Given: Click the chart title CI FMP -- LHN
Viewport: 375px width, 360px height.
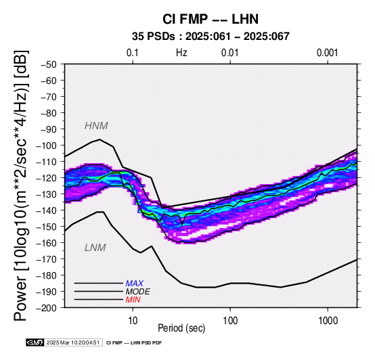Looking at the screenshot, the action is pos(211,19).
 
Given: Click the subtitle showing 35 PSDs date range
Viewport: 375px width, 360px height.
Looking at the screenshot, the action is pos(211,37).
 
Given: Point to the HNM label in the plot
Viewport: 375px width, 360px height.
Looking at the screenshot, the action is pos(96,126).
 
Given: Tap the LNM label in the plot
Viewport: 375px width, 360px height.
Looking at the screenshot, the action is pos(95,248).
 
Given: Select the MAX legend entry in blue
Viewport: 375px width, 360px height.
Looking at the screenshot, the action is pos(135,284).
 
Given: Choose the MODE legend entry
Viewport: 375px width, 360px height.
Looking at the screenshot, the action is pos(138,292).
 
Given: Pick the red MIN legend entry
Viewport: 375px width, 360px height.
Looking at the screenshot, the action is pos(133,300).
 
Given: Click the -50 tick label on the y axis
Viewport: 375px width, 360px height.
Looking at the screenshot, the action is pos(48,64).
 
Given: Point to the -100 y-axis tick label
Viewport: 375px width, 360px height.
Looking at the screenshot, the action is pos(46,145).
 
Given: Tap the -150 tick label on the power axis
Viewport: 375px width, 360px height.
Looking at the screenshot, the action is pos(46,227).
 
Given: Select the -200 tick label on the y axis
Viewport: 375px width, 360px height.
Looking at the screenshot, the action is pos(46,308).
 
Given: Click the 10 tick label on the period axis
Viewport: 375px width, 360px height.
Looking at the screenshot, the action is pos(133,321).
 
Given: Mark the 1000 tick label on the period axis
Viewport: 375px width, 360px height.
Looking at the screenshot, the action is pos(328,321).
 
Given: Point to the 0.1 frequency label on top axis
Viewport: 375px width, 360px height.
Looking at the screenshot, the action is pos(133,53).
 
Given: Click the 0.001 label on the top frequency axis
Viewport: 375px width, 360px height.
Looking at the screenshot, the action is pos(328,53).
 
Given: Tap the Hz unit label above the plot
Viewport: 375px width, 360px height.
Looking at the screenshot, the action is pos(181,53).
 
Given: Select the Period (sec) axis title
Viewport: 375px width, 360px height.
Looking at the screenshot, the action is pos(181,328).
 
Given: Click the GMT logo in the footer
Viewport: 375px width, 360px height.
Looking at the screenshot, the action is pos(35,342).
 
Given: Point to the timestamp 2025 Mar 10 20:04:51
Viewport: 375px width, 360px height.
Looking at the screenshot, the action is pos(73,342).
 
